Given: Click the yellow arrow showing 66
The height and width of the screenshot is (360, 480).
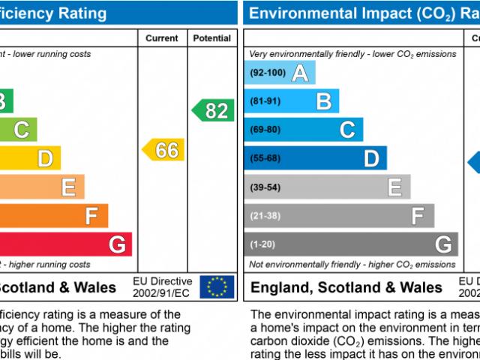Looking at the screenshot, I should point(163,149).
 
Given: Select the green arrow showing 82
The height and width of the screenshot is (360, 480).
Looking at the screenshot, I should point(213,110).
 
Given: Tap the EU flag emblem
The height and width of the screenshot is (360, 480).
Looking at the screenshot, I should point(217,286).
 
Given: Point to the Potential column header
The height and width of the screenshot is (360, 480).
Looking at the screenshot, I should point(212,38).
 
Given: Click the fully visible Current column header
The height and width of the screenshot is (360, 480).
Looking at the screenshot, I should point(162,38).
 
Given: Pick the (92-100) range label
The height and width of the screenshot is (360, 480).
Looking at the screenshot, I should point(268,73).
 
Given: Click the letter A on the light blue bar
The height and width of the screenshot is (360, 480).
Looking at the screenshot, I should point(300,73).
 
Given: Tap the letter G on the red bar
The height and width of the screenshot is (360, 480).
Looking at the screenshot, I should point(117,244).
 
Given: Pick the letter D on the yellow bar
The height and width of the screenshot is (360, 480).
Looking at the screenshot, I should point(45,158).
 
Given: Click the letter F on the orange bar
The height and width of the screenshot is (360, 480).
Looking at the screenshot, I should point(92,216).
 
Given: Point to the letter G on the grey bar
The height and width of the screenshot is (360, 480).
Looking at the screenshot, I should point(442,244).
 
